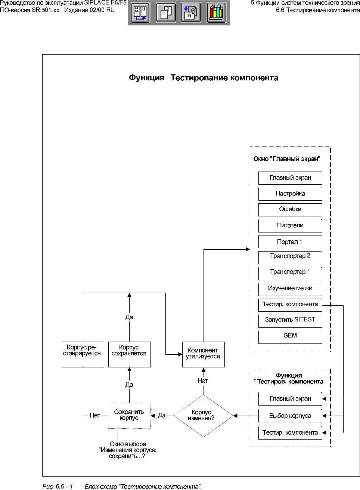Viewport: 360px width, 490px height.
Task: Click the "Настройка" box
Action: pos(290,194)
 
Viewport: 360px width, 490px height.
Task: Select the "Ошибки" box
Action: pos(290,209)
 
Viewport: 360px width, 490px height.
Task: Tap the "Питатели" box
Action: pos(290,225)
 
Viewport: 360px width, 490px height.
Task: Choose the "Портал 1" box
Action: pos(290,242)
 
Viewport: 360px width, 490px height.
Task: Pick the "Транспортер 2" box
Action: pos(290,256)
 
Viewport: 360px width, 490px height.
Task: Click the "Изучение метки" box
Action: pos(290,289)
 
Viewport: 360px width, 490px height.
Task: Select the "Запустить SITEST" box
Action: pos(290,320)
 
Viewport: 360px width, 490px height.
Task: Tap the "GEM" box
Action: pos(290,336)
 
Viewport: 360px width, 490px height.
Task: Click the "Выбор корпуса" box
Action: pos(290,416)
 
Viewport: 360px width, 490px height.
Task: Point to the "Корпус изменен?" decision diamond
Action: pos(204,416)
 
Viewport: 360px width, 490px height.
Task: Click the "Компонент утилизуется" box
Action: pos(204,354)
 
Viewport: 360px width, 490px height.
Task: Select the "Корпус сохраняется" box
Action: pos(129,354)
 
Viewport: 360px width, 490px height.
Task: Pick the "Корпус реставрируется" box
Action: pos(83,354)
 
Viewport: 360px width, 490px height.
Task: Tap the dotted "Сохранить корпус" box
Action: pos(129,415)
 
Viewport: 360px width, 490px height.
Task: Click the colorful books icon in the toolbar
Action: pos(216,13)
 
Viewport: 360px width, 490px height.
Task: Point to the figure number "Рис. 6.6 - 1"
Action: pos(58,487)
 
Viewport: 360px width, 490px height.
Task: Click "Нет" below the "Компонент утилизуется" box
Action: pos(203,381)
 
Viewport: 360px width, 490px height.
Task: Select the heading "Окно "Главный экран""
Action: pos(287,159)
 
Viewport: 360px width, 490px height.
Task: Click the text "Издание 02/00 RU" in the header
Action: pos(89,10)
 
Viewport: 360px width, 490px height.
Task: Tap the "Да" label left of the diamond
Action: pos(162,415)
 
